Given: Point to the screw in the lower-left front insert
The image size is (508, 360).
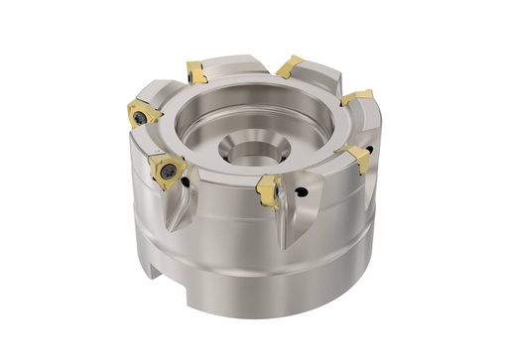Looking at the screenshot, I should click(169, 175).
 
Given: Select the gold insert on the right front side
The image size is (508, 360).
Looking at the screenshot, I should click(354, 156).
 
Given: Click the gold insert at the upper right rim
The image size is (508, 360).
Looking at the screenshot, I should click(357, 97).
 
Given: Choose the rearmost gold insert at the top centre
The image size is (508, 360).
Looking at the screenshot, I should click(289, 66).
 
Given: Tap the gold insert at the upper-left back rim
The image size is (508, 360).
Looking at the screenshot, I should click(195, 70).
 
